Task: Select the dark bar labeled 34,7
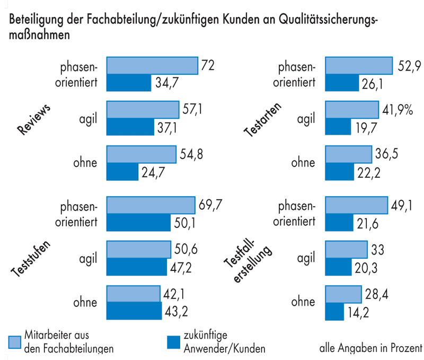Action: click(x=129, y=83)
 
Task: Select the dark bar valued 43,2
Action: click(x=134, y=311)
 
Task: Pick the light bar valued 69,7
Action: click(x=151, y=205)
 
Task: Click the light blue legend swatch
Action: click(x=15, y=342)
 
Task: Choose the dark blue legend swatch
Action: click(x=172, y=342)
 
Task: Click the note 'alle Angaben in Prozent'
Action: click(x=370, y=348)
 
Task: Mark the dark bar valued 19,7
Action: click(x=338, y=127)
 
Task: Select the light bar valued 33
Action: click(x=346, y=249)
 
